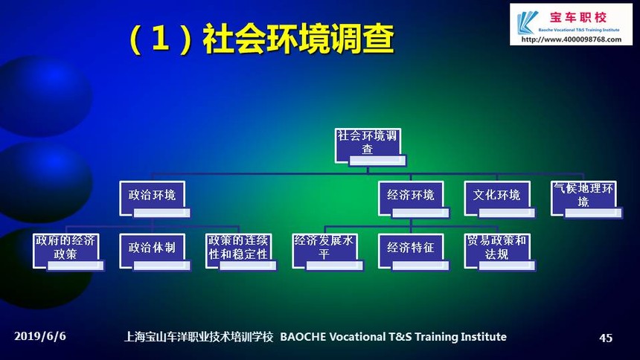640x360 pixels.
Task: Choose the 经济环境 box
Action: tap(414, 199)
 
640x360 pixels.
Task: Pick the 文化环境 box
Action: tap(499, 199)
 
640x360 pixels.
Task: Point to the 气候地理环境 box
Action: tap(586, 199)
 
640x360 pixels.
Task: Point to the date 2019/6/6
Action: tap(40, 336)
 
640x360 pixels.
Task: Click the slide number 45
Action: tap(606, 338)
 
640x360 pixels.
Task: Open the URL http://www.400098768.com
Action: tap(571, 39)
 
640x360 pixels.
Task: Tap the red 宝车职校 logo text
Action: tap(578, 18)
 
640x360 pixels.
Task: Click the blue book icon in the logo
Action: tap(527, 22)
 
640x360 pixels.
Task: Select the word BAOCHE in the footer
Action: tap(304, 337)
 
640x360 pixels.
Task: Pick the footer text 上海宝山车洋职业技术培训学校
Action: tap(199, 337)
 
